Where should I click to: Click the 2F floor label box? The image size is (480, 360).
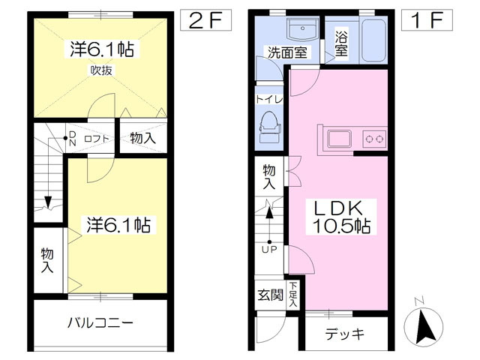[205, 20]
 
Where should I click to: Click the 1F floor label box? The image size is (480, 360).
[427, 20]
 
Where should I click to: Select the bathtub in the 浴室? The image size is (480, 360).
[373, 40]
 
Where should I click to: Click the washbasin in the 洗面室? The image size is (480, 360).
[303, 28]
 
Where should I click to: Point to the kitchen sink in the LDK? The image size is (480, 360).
[340, 139]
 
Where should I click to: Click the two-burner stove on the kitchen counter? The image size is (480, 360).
[375, 139]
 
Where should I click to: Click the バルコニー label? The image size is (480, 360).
[100, 323]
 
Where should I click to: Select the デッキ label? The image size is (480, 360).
[345, 333]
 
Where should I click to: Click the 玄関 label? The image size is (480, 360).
[270, 295]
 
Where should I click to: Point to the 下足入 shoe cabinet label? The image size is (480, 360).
[293, 295]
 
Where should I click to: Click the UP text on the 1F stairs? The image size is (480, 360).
[269, 250]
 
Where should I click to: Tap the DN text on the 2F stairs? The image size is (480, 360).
[73, 139]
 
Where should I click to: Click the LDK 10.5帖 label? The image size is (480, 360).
[341, 217]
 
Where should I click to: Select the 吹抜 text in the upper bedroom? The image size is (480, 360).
[101, 70]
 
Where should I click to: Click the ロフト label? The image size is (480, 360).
[97, 139]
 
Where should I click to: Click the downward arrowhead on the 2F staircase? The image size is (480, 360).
[48, 202]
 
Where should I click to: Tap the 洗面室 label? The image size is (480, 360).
[287, 52]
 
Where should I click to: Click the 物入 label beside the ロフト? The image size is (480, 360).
[143, 138]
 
